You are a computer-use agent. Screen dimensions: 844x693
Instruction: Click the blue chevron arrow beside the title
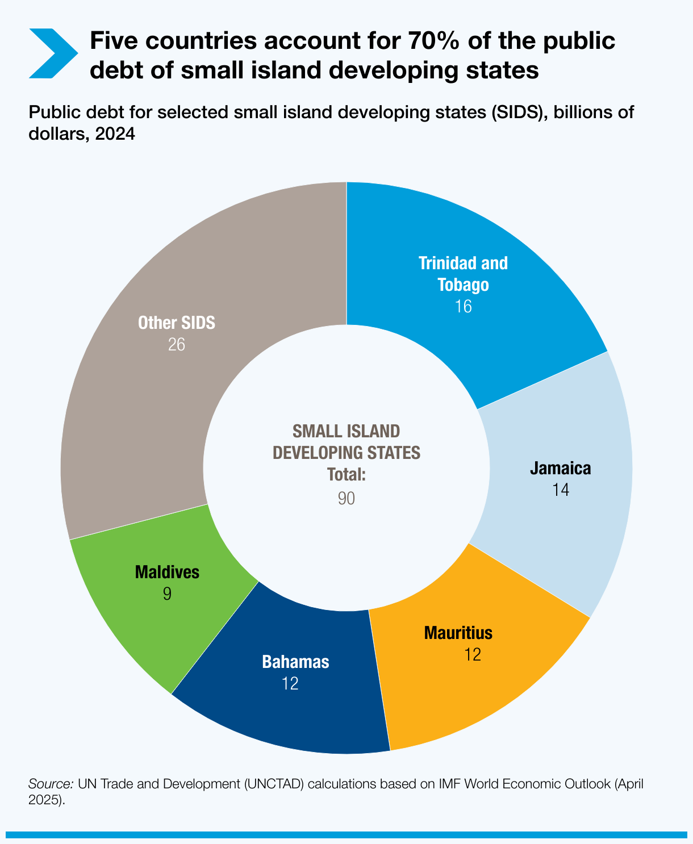click(52, 53)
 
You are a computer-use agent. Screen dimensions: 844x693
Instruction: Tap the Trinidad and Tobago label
click(463, 273)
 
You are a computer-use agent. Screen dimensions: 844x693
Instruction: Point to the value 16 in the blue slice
click(463, 307)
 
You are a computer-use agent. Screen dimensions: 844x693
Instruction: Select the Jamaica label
click(560, 469)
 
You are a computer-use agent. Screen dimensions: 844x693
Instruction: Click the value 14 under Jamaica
click(560, 490)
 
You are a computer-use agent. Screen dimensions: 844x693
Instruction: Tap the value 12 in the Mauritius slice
click(472, 655)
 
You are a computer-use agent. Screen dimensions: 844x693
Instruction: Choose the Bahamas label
click(295, 662)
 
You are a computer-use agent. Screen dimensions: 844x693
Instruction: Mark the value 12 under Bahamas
click(290, 683)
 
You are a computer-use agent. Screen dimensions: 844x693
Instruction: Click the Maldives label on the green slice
click(167, 572)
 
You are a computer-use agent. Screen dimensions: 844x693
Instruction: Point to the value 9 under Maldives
click(167, 594)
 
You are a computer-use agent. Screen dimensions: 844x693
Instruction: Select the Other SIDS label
click(177, 323)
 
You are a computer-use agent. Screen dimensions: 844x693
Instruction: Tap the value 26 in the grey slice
click(177, 345)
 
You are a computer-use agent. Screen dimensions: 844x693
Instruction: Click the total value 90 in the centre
click(346, 498)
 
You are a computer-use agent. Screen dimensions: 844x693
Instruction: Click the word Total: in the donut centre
click(346, 475)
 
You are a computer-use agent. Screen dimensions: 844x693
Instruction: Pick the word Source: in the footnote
click(51, 784)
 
